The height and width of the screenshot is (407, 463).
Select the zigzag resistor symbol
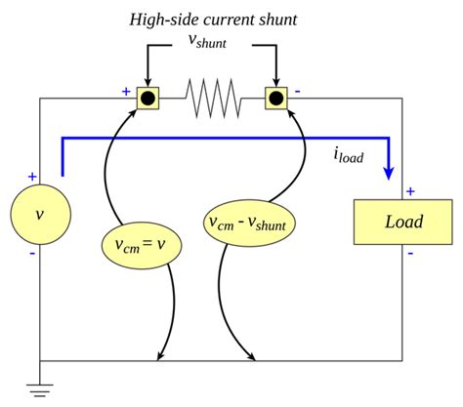click(212, 98)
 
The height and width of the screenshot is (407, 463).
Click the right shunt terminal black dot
click(276, 98)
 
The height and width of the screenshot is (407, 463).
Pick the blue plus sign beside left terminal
click(126, 91)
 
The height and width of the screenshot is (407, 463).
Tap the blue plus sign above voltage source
click(32, 177)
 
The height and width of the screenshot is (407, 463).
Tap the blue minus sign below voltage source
click(32, 252)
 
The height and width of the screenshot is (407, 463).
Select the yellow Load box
click(402, 222)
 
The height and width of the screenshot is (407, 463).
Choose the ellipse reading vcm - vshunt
click(252, 223)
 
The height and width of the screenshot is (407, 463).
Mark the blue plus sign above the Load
click(410, 191)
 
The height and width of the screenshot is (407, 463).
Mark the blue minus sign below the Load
click(410, 253)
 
